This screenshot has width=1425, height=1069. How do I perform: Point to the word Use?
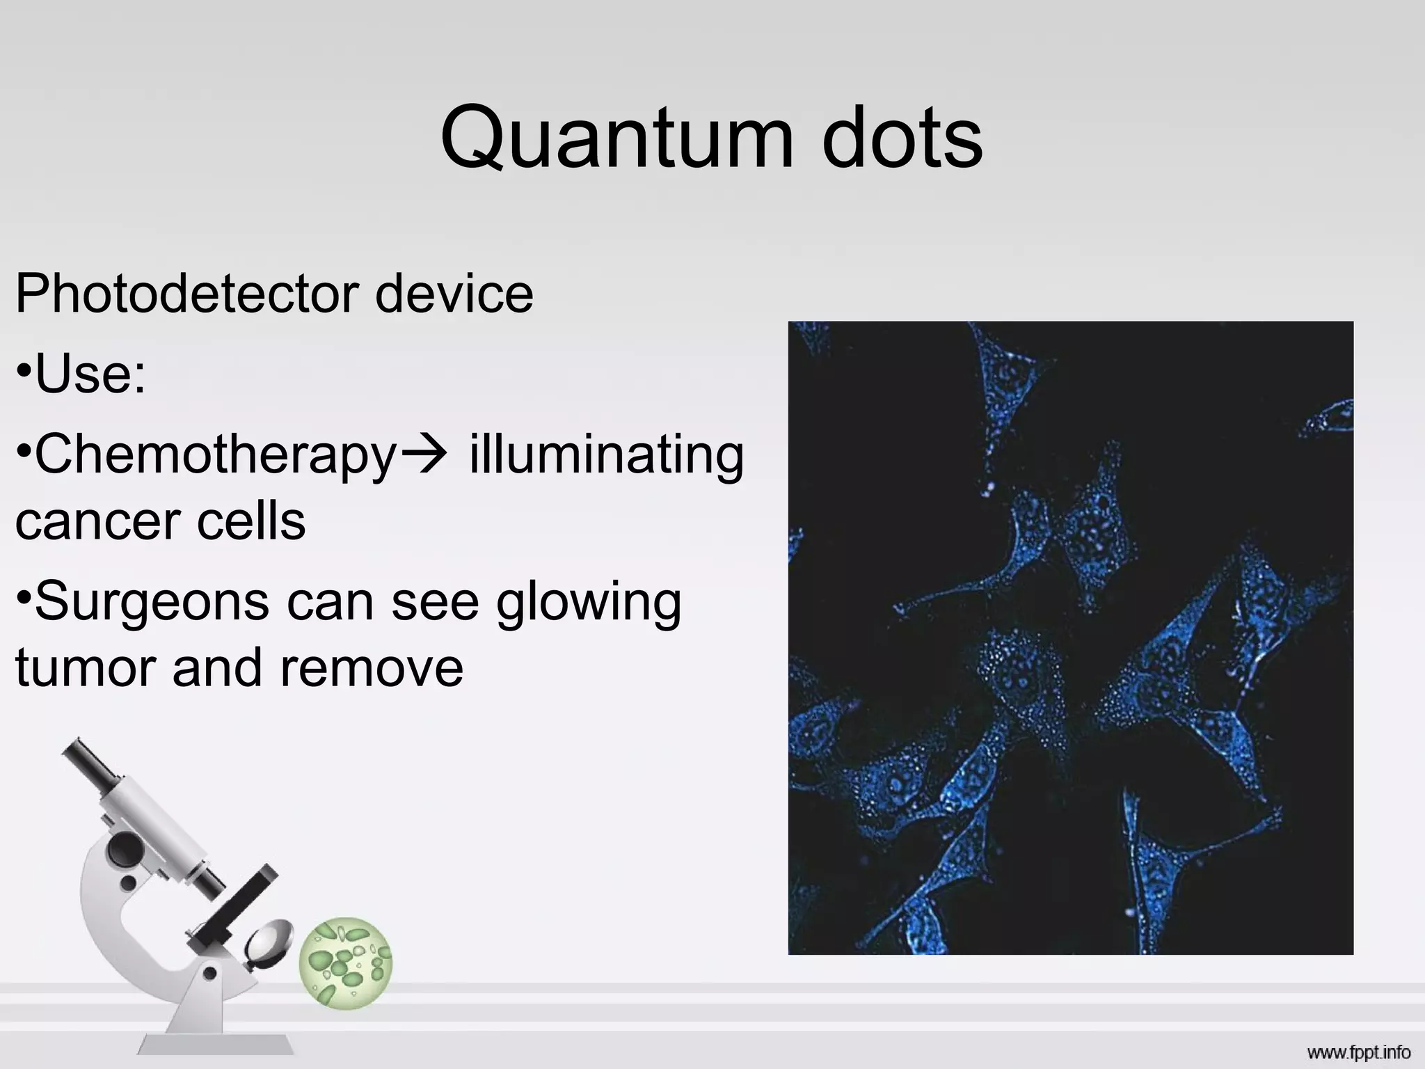tap(90, 374)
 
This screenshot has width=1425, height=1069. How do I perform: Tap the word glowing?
tap(589, 603)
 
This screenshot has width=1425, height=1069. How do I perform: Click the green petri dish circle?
tap(346, 963)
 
